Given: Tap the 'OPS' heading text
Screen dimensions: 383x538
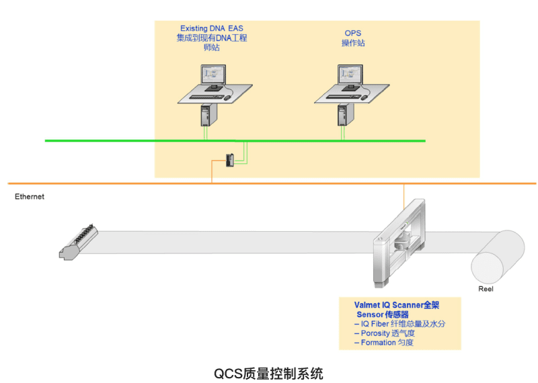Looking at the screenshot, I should click(352, 33).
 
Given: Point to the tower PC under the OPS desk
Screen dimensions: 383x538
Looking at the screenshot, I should click(342, 116).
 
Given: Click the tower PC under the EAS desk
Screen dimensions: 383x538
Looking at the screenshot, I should click(206, 116).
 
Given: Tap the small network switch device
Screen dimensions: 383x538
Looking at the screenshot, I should click(230, 159).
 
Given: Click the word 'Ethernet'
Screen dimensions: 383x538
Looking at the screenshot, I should click(30, 197).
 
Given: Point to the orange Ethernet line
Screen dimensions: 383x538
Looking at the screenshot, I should click(101, 183).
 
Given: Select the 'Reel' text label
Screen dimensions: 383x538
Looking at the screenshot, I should click(486, 289).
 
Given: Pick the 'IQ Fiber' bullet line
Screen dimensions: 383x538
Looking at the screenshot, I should click(399, 324).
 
